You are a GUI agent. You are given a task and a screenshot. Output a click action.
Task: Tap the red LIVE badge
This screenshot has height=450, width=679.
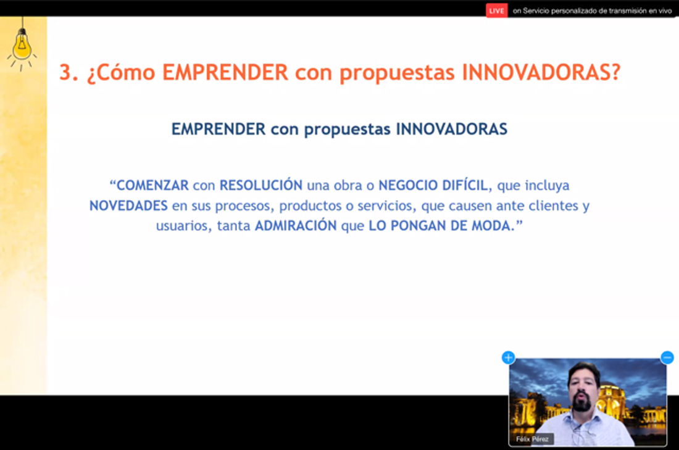pyautogui.click(x=497, y=11)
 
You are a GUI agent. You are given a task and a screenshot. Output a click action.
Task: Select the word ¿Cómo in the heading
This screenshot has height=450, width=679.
pyautogui.click(x=121, y=72)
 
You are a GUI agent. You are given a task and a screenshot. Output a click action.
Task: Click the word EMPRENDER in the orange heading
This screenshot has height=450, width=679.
pyautogui.click(x=225, y=72)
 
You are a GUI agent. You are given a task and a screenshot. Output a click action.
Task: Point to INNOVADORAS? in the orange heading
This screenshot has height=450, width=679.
pyautogui.click(x=541, y=72)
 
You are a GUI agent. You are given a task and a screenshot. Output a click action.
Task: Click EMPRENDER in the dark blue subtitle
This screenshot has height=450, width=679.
pyautogui.click(x=219, y=129)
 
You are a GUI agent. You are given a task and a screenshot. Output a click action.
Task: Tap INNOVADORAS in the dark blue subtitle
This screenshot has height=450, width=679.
pyautogui.click(x=452, y=129)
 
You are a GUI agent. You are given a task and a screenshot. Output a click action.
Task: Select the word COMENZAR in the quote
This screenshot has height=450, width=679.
pyautogui.click(x=152, y=185)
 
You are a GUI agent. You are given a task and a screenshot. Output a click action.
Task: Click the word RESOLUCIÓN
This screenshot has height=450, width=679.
pyautogui.click(x=260, y=185)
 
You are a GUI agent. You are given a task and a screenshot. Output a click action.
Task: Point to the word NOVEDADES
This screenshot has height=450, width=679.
pyautogui.click(x=128, y=206)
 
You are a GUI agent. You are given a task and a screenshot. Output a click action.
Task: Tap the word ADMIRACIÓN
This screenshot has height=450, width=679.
pyautogui.click(x=295, y=225)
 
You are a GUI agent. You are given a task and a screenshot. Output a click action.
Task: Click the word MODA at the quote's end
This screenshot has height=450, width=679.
pyautogui.click(x=489, y=226)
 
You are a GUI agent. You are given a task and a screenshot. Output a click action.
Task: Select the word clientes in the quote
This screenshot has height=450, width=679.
pyautogui.click(x=554, y=206)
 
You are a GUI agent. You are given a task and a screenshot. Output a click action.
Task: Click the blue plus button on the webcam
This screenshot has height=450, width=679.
pyautogui.click(x=509, y=358)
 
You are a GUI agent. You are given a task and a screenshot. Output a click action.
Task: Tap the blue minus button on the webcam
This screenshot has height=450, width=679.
pyautogui.click(x=667, y=358)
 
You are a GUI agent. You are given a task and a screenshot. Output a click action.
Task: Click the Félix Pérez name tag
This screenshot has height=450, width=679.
pyautogui.click(x=532, y=439)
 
